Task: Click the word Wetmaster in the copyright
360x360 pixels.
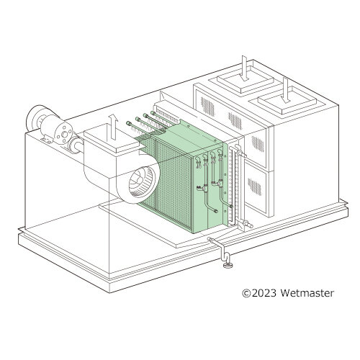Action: coord(307,293)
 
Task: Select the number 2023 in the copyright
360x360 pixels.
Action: coord(264,293)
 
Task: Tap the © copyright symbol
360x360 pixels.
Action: coord(246,293)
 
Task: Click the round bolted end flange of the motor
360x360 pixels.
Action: coord(63,134)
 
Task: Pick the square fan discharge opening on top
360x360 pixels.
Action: coord(112,138)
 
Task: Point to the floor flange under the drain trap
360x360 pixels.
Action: coord(227,265)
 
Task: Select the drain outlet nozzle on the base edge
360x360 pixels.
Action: coord(211,240)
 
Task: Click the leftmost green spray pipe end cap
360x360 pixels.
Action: coord(128,123)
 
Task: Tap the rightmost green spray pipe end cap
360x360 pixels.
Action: coord(153,112)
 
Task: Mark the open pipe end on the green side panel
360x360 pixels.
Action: coord(215,211)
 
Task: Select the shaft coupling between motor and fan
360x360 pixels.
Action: coord(75,145)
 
